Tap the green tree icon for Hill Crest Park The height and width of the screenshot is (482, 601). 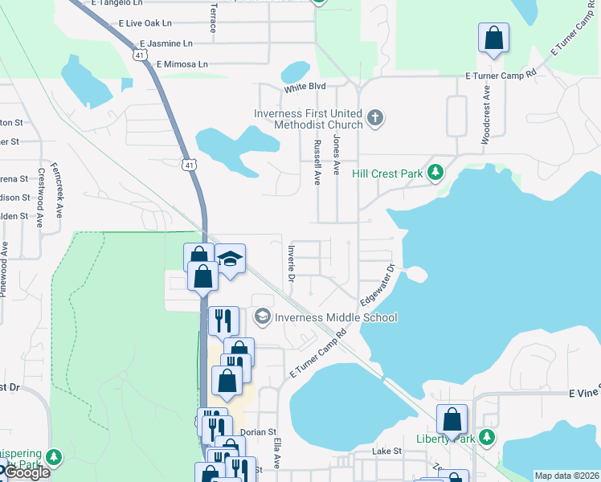435,172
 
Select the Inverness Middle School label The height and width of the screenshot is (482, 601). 336,317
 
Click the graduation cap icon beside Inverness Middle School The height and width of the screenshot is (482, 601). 262,317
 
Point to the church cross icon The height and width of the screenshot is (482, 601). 374,120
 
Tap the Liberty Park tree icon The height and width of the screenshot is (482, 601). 486,438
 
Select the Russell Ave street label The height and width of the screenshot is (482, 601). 317,161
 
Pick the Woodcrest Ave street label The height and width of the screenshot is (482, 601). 485,120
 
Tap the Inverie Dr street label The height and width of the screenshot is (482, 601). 291,263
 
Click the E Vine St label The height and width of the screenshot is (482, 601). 584,394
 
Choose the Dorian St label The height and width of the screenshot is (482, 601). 258,431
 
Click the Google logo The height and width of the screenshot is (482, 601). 26,472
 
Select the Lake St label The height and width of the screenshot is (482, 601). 386,452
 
